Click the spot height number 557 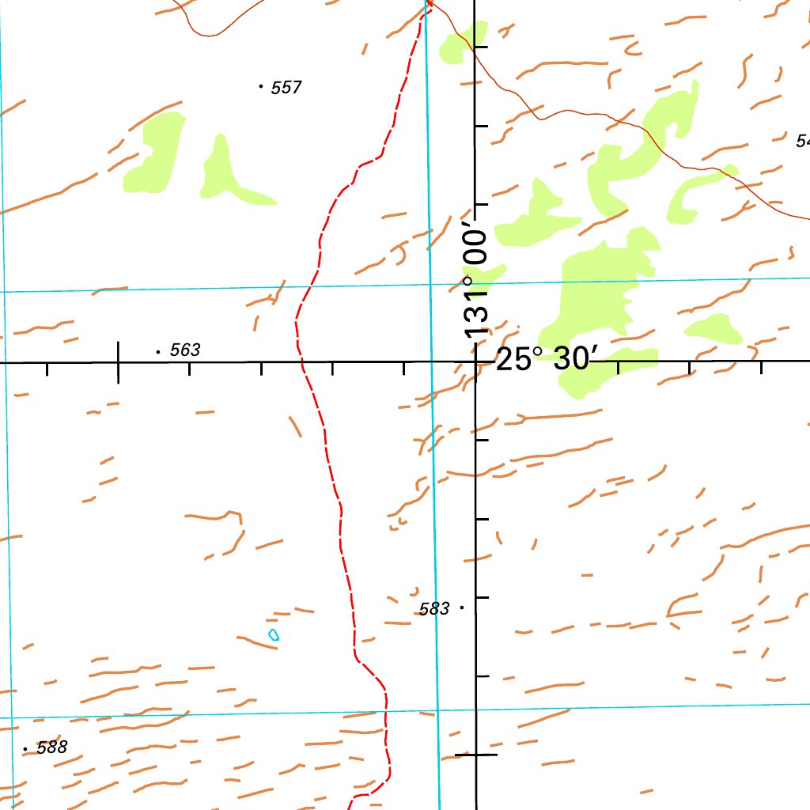(286, 88)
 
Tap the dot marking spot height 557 (261, 85)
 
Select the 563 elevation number (184, 350)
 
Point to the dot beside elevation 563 (158, 350)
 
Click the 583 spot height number (434, 609)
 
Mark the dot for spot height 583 (461, 607)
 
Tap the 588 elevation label (52, 748)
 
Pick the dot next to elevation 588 (25, 748)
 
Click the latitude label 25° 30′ (543, 360)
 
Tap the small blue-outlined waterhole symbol (274, 634)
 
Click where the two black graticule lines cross (475, 362)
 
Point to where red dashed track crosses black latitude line (302, 362)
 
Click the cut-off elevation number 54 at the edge (803, 142)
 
